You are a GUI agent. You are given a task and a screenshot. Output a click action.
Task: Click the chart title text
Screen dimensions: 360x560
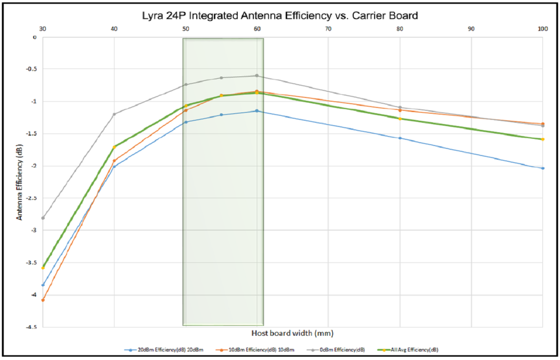click(280, 15)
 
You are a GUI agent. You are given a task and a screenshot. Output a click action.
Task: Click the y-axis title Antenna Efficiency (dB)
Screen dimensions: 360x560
click(20, 182)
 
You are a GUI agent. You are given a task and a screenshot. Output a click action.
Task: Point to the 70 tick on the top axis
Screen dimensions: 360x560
click(328, 29)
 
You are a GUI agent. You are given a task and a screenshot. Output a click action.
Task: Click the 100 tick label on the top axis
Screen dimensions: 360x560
click(542, 29)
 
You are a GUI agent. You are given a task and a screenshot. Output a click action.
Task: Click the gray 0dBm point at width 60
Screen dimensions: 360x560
click(257, 76)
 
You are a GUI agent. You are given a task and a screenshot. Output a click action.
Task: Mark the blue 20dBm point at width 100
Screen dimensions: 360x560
click(542, 168)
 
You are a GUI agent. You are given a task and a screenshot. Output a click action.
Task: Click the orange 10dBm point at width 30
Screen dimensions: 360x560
click(43, 300)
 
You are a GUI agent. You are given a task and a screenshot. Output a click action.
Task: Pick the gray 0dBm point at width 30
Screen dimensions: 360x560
click(43, 218)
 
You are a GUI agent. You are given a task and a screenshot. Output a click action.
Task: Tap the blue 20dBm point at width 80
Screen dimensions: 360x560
click(400, 138)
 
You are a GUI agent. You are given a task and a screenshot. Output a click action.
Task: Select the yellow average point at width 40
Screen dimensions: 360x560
click(114, 147)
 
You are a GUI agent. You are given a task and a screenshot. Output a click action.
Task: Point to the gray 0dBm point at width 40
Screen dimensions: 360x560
click(114, 114)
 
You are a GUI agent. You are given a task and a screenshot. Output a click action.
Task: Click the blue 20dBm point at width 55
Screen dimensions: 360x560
click(221, 115)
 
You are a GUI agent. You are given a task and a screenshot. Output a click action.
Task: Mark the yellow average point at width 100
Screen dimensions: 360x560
click(542, 139)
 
